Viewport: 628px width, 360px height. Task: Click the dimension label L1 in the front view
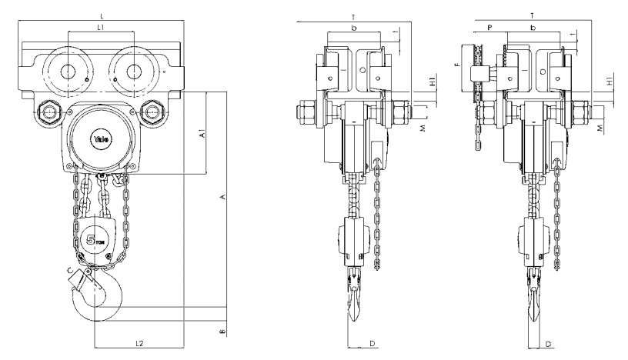tap(101, 28)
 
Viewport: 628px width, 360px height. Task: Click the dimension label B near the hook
tap(221, 333)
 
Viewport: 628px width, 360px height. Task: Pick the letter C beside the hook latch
tap(71, 269)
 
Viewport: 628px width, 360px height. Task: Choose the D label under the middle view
tap(372, 342)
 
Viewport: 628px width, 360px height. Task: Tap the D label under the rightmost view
tap(547, 342)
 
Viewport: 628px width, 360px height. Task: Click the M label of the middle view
tap(423, 128)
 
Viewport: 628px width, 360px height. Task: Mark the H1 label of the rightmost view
tap(610, 81)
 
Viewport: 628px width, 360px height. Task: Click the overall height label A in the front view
tap(222, 198)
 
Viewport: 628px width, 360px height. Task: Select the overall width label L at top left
tap(102, 15)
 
